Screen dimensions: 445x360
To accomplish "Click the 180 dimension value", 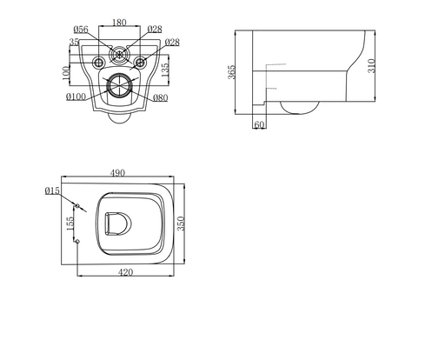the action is point(119,23).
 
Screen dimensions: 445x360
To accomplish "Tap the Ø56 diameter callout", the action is point(81,30).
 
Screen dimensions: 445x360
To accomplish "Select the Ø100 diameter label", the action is point(76,97).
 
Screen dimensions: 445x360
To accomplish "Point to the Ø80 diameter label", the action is point(160,98).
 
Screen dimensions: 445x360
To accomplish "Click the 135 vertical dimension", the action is point(164,70).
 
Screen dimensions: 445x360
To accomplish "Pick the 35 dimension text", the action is point(74,42).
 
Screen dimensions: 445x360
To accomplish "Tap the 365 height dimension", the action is point(232,72).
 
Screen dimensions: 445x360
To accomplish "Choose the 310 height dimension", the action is point(371,66).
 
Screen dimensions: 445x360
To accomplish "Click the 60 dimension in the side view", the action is point(259,124).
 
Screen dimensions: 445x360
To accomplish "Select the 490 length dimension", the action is point(117,173).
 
